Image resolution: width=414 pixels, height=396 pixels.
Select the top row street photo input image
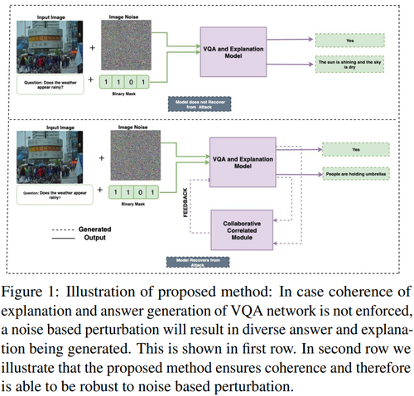[x=50, y=43]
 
